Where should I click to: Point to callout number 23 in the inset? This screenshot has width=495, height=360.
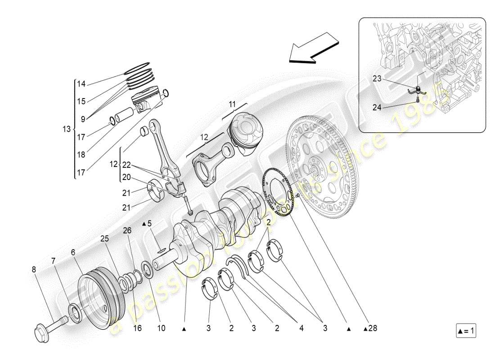pyautogui.click(x=377, y=78)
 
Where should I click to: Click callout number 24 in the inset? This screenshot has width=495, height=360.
pyautogui.click(x=377, y=107)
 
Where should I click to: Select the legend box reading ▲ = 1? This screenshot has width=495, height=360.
pyautogui.click(x=466, y=332)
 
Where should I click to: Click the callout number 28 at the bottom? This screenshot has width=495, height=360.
pyautogui.click(x=372, y=328)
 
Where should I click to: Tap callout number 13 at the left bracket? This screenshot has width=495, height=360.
pyautogui.click(x=67, y=129)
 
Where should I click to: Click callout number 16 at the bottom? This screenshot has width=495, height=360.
pyautogui.click(x=137, y=328)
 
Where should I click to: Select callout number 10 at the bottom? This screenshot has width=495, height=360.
pyautogui.click(x=161, y=328)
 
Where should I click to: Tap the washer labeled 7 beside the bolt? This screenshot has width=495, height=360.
pyautogui.click(x=75, y=312)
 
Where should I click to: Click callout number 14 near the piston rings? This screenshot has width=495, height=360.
pyautogui.click(x=81, y=84)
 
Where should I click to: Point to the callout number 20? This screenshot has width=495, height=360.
pyautogui.click(x=126, y=177)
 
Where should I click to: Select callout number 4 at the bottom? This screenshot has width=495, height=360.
pyautogui.click(x=301, y=328)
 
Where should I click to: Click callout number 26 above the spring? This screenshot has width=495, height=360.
pyautogui.click(x=127, y=230)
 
